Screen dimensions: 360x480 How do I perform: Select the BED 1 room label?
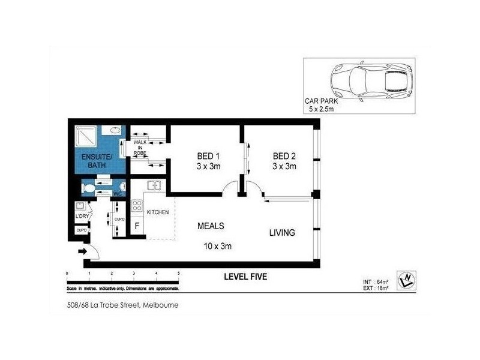click(x=207, y=161)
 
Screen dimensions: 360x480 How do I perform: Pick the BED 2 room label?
click(x=284, y=161)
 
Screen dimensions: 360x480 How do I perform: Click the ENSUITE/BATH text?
click(x=96, y=161)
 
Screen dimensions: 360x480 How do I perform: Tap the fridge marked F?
click(x=137, y=227)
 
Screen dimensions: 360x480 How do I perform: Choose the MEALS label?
click(x=211, y=226)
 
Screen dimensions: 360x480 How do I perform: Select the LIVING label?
click(x=281, y=233)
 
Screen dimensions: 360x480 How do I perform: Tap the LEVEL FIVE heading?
click(x=245, y=277)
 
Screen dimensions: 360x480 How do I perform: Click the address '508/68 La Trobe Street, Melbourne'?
click(x=123, y=305)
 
